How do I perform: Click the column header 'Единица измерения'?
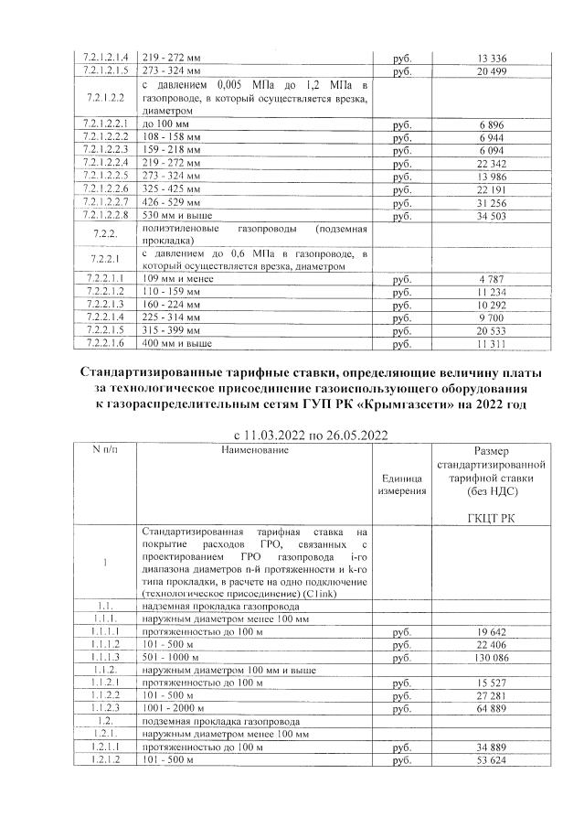(398, 484)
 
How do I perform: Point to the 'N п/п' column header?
(108, 450)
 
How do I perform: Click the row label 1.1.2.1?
(108, 683)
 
